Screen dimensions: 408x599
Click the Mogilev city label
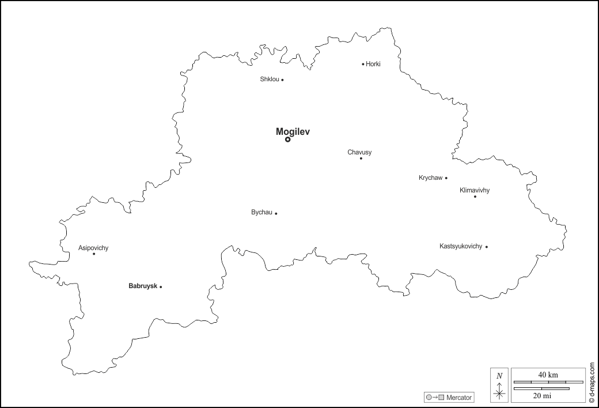293,131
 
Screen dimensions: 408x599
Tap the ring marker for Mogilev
288,139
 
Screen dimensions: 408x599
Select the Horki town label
373,64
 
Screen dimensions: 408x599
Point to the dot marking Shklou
282,80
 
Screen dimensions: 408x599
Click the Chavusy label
359,152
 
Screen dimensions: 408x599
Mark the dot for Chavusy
361,158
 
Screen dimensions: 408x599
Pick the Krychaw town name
430,177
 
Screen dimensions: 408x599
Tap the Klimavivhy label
475,190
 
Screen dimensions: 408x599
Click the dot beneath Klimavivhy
475,197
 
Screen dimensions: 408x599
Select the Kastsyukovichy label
461,246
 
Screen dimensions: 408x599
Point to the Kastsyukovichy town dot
487,247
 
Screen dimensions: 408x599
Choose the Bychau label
261,213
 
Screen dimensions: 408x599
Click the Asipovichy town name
93,248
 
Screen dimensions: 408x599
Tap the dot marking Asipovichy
94,254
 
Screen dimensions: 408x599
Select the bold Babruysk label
143,286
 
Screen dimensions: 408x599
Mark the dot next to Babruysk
161,286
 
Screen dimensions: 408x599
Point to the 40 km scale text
548,375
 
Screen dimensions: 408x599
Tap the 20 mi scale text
541,395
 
